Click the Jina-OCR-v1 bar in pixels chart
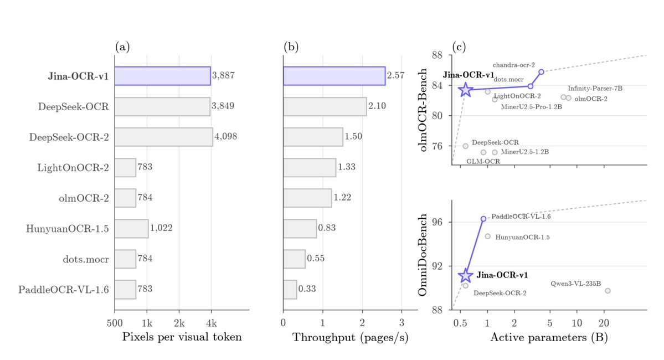163,76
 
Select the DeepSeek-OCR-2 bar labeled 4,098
164,137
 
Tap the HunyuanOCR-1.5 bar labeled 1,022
132,228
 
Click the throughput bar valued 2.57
334,76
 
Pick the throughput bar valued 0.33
290,289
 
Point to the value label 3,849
223,106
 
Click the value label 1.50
353,136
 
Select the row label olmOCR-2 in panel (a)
84,198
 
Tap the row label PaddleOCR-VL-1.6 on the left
64,290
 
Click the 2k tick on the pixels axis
179,323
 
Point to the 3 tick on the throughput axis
402,323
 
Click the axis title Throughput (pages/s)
350,337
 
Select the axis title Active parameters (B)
549,337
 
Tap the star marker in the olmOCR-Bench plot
465,89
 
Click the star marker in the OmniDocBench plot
465,275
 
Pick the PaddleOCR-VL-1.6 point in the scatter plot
483,219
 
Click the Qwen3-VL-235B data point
608,291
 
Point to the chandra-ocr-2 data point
541,72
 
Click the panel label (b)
291,47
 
